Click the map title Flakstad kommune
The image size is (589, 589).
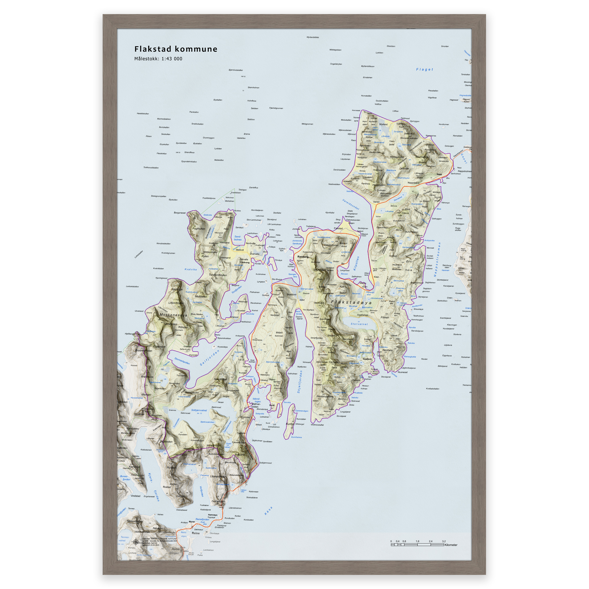pyautogui.click(x=176, y=49)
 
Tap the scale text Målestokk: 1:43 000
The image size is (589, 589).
pyautogui.click(x=158, y=59)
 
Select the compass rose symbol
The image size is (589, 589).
pyautogui.click(x=136, y=542)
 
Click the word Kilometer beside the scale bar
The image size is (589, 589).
pyautogui.click(x=451, y=545)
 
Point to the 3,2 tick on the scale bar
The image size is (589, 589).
pyautogui.click(x=443, y=542)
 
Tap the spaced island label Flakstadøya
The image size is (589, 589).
pyautogui.click(x=351, y=303)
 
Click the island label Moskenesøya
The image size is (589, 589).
pyautogui.click(x=173, y=315)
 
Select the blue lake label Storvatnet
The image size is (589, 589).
pyautogui.click(x=359, y=324)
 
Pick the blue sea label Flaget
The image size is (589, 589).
pyautogui.click(x=424, y=70)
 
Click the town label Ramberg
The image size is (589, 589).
pyautogui.click(x=303, y=257)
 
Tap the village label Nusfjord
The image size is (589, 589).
pyautogui.click(x=367, y=359)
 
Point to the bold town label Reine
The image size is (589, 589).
pyautogui.click(x=196, y=533)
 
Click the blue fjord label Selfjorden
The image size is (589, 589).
pyautogui.click(x=209, y=358)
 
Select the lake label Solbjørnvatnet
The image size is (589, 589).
pyautogui.click(x=199, y=410)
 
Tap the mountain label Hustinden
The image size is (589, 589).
pyautogui.click(x=379, y=185)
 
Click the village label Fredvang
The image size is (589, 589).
pyautogui.click(x=245, y=262)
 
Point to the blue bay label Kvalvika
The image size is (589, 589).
pyautogui.click(x=191, y=269)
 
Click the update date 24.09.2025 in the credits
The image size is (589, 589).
pyautogui.click(x=155, y=545)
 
